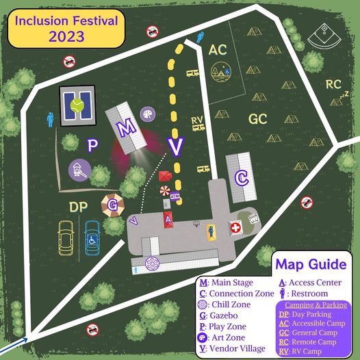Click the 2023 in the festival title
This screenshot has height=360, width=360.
point(66,36)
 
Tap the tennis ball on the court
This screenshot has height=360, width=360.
point(77,105)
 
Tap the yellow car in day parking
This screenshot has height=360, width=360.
point(66,238)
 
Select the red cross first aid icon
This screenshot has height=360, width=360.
point(235,227)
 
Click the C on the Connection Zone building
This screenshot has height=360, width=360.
point(241,178)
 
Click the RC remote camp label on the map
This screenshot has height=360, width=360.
point(333,84)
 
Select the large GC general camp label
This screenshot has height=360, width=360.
point(257,118)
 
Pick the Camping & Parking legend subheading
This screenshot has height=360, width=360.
point(314,305)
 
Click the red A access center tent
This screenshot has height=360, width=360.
point(168,219)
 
